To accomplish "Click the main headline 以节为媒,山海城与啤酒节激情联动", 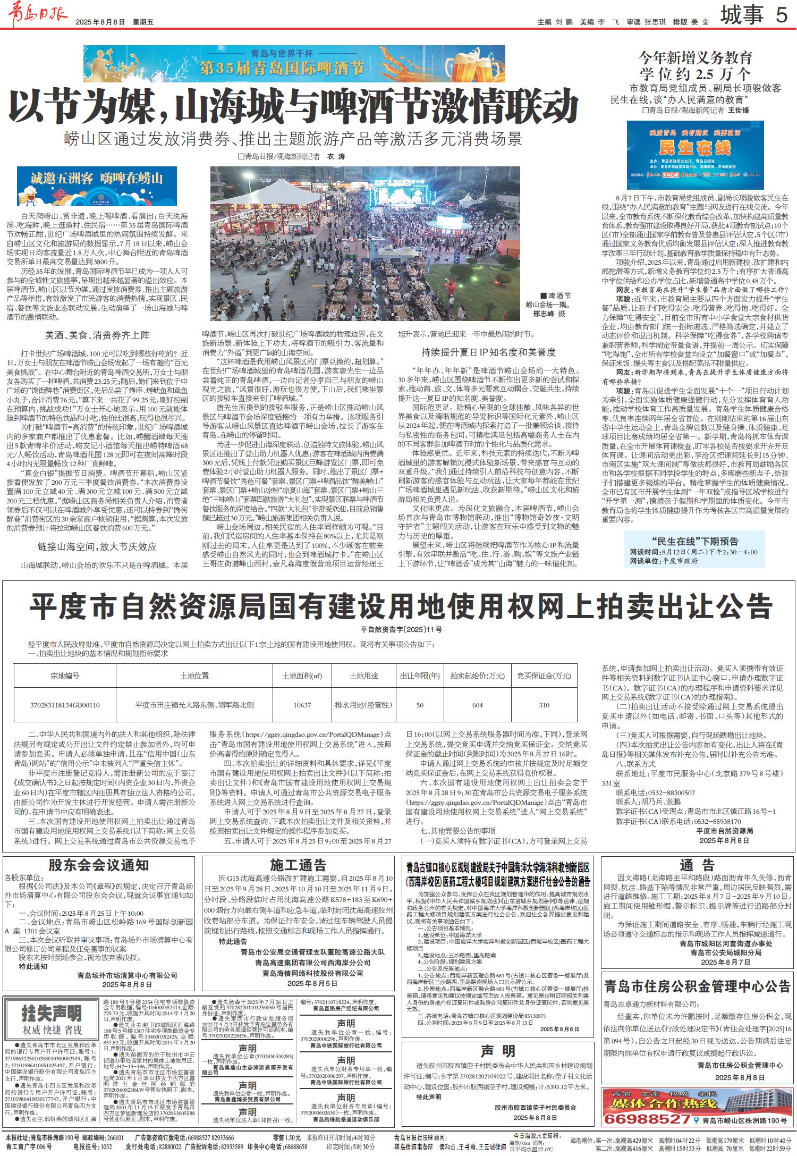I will click(x=293, y=106).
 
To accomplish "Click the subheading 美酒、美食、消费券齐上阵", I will click(x=97, y=335).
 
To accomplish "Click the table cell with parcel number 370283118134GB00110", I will click(x=65, y=705).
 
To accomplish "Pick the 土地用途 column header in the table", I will click(x=363, y=676).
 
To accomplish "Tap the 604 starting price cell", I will click(x=477, y=705).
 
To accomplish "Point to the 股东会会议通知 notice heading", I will click(x=99, y=865).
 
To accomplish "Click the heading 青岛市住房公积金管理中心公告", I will click(x=697, y=987).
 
